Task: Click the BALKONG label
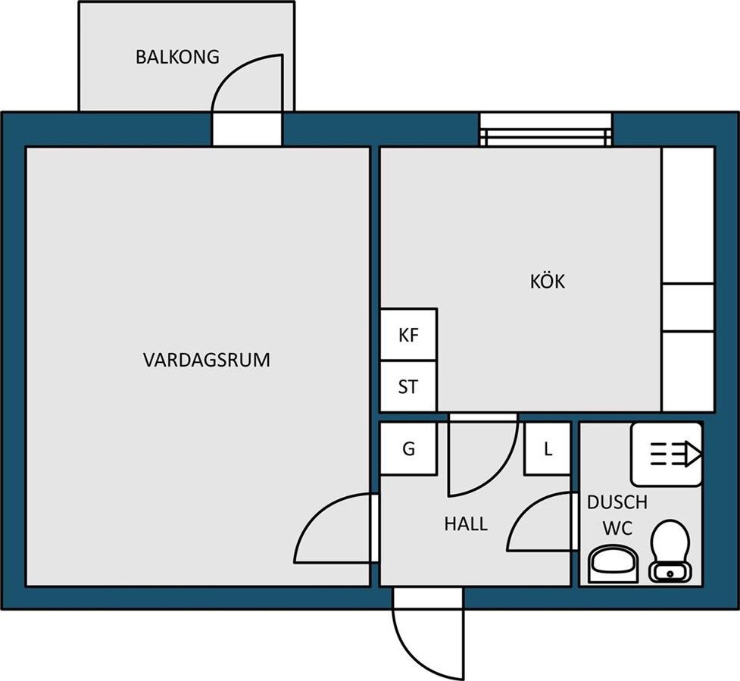point(177,57)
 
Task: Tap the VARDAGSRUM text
point(207,360)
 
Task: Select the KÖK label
point(548,280)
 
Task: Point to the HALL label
point(466,524)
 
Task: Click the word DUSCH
point(617,503)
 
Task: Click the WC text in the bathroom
point(617,529)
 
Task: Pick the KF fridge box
point(409,335)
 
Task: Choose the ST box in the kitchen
point(409,386)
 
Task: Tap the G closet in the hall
point(409,448)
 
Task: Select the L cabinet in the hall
point(548,448)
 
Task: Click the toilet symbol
point(670,551)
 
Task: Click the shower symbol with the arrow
point(667,455)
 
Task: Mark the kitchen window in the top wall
point(546,130)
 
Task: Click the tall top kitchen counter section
point(688,215)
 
